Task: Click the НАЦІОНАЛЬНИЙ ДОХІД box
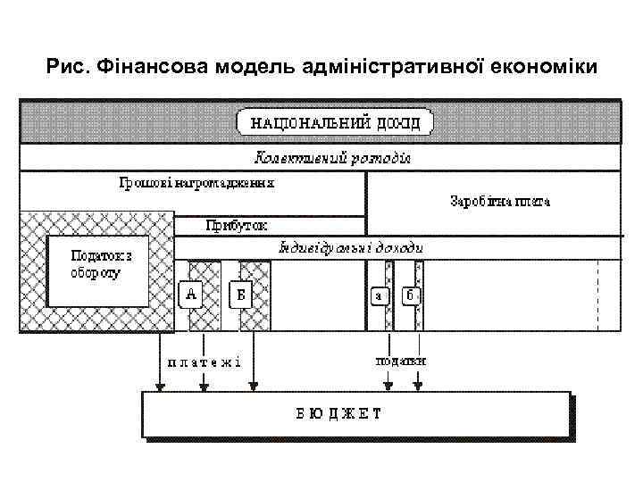[334, 122]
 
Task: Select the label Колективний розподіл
[333, 157]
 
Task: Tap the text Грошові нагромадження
[196, 182]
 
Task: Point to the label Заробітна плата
[500, 201]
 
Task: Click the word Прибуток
[236, 225]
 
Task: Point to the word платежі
[204, 361]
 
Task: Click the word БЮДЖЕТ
[338, 413]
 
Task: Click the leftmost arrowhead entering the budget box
[160, 386]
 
